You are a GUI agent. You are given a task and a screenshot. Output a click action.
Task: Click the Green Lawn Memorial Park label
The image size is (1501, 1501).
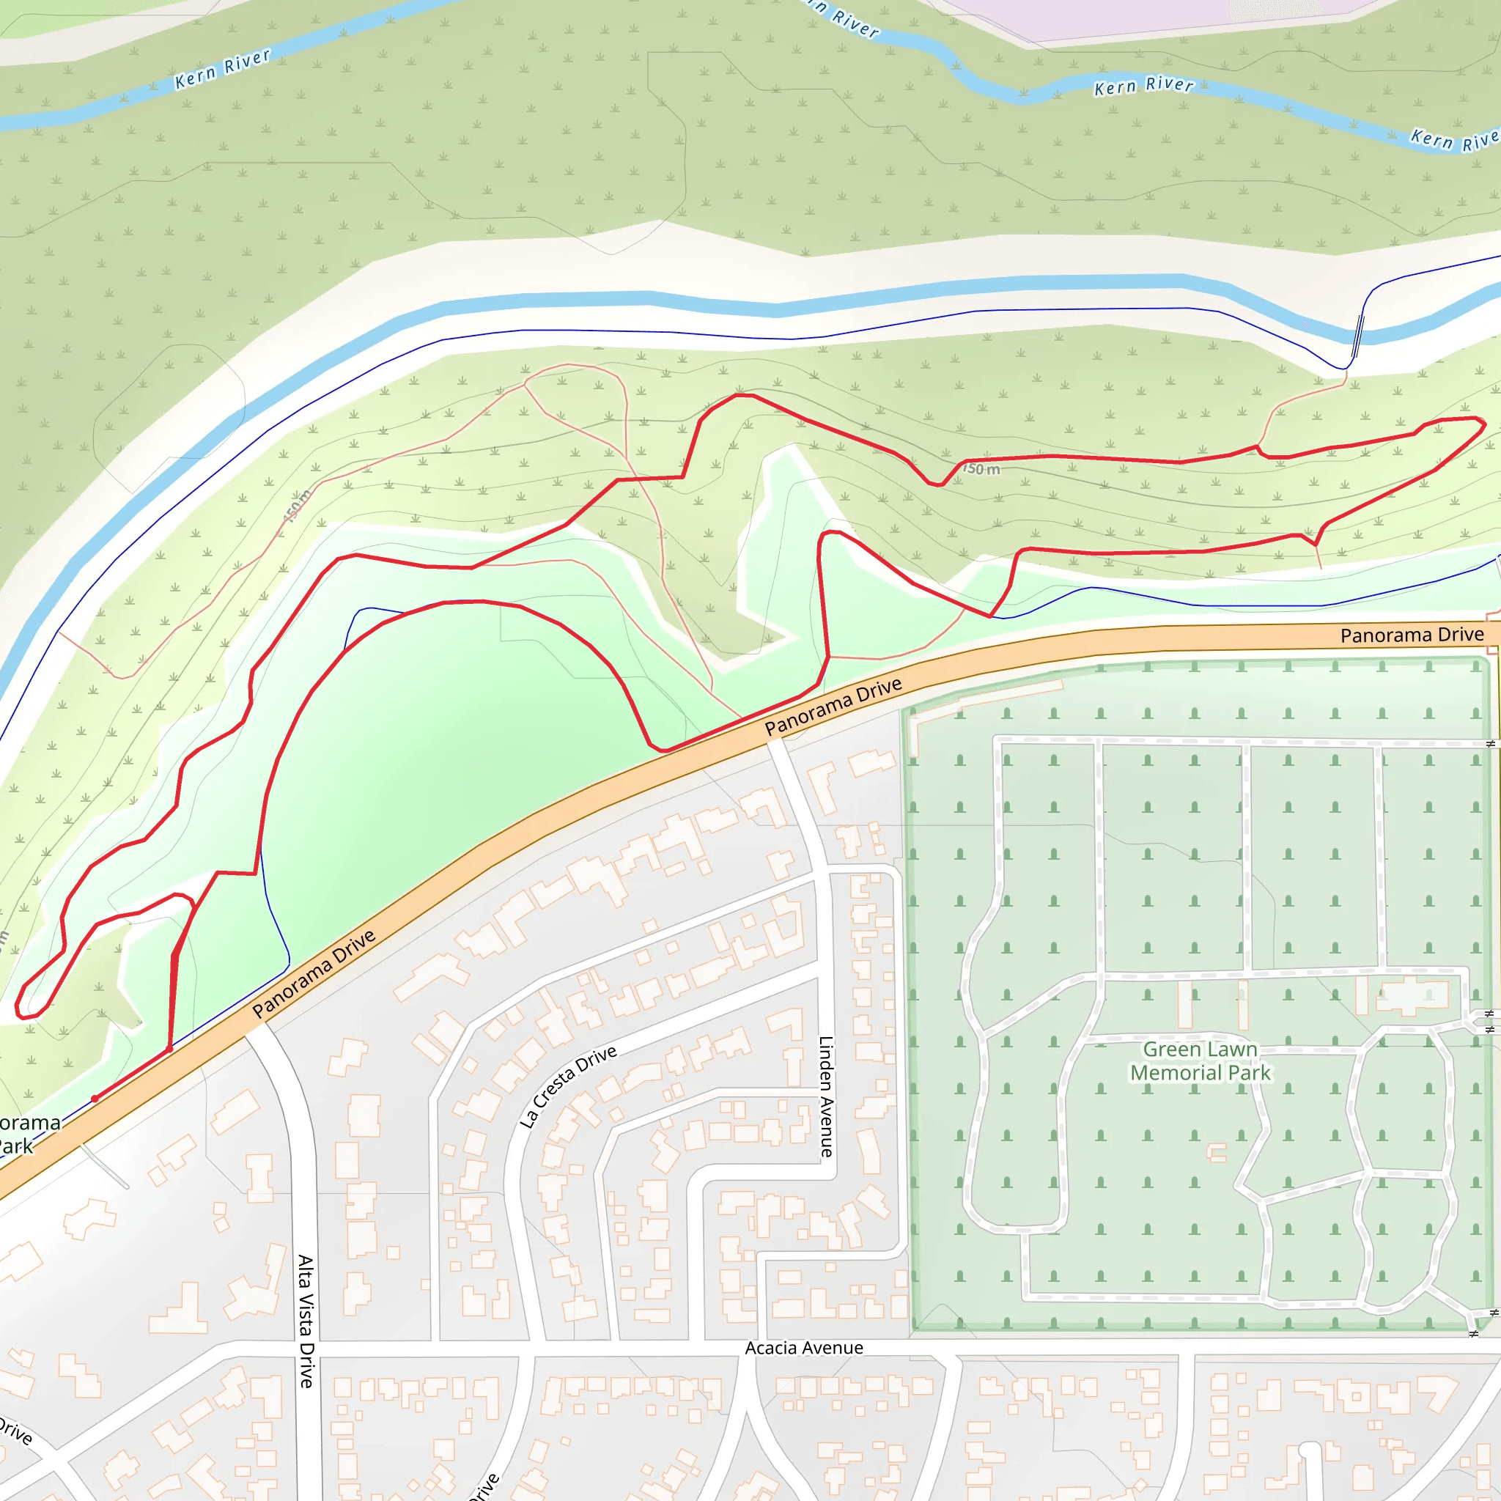pos(1200,1061)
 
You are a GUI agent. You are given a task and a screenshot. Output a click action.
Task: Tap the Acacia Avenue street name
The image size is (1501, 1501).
pos(803,1348)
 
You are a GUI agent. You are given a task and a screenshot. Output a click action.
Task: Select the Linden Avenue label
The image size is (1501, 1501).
pos(826,1096)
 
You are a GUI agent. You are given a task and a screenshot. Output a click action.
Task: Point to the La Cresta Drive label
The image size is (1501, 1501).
pos(568,1086)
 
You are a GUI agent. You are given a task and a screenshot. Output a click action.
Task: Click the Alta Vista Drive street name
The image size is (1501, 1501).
pos(306,1321)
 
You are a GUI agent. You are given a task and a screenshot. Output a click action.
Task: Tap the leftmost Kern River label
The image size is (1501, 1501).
pos(222,69)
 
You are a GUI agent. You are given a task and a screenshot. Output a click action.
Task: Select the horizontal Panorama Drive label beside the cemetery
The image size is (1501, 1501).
pos(1412,635)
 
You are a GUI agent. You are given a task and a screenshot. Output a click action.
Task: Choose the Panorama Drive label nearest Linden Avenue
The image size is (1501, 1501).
pos(833,706)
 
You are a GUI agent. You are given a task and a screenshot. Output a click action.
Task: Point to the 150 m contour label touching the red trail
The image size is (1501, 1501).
pos(981,468)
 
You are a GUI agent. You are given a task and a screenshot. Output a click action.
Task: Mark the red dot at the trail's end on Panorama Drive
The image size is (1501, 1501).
pos(95,1099)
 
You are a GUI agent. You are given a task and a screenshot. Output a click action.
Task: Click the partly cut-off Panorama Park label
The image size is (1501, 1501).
pos(27,1134)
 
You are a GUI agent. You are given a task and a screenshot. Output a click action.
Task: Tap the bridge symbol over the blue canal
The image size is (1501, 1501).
pos(1358,336)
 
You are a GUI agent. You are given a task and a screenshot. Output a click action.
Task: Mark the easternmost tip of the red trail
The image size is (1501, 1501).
pos(1485,424)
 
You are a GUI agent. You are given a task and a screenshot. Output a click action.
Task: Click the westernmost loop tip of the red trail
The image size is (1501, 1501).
pos(18,1008)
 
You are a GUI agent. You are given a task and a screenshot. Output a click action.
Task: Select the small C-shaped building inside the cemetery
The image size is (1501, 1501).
pos(1217,1152)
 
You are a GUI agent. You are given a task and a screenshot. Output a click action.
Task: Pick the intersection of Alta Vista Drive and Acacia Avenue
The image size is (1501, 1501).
pos(307,1349)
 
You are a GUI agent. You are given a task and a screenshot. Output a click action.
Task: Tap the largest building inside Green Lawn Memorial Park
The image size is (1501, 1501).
pos(1412,995)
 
